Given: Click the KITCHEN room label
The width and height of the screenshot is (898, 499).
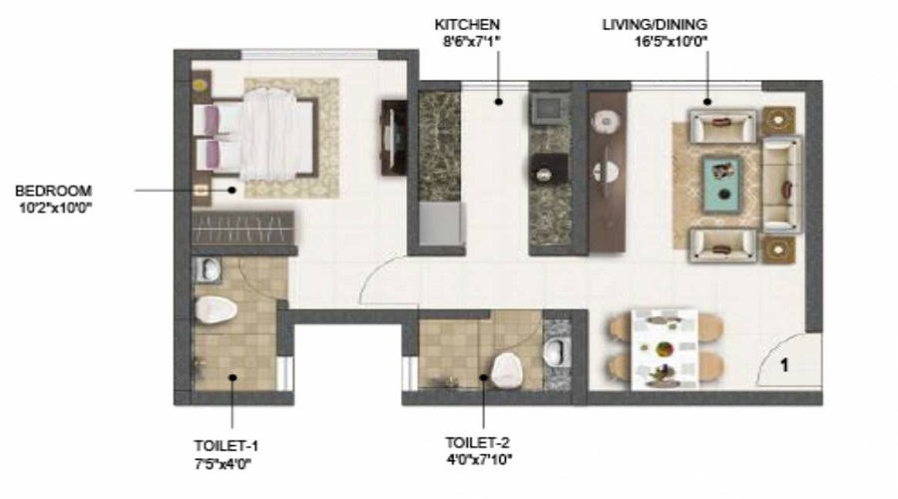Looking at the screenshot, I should coord(467,24).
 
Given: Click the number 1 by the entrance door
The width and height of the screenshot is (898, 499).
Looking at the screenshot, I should coord(784,366).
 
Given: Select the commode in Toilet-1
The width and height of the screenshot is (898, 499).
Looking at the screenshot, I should coord(216,308).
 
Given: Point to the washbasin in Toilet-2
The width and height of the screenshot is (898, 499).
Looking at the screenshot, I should coord(559,349).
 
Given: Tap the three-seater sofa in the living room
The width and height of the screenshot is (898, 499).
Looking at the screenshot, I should coord(782,185).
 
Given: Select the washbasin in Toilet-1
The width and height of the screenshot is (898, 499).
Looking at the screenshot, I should coord(207,268).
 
